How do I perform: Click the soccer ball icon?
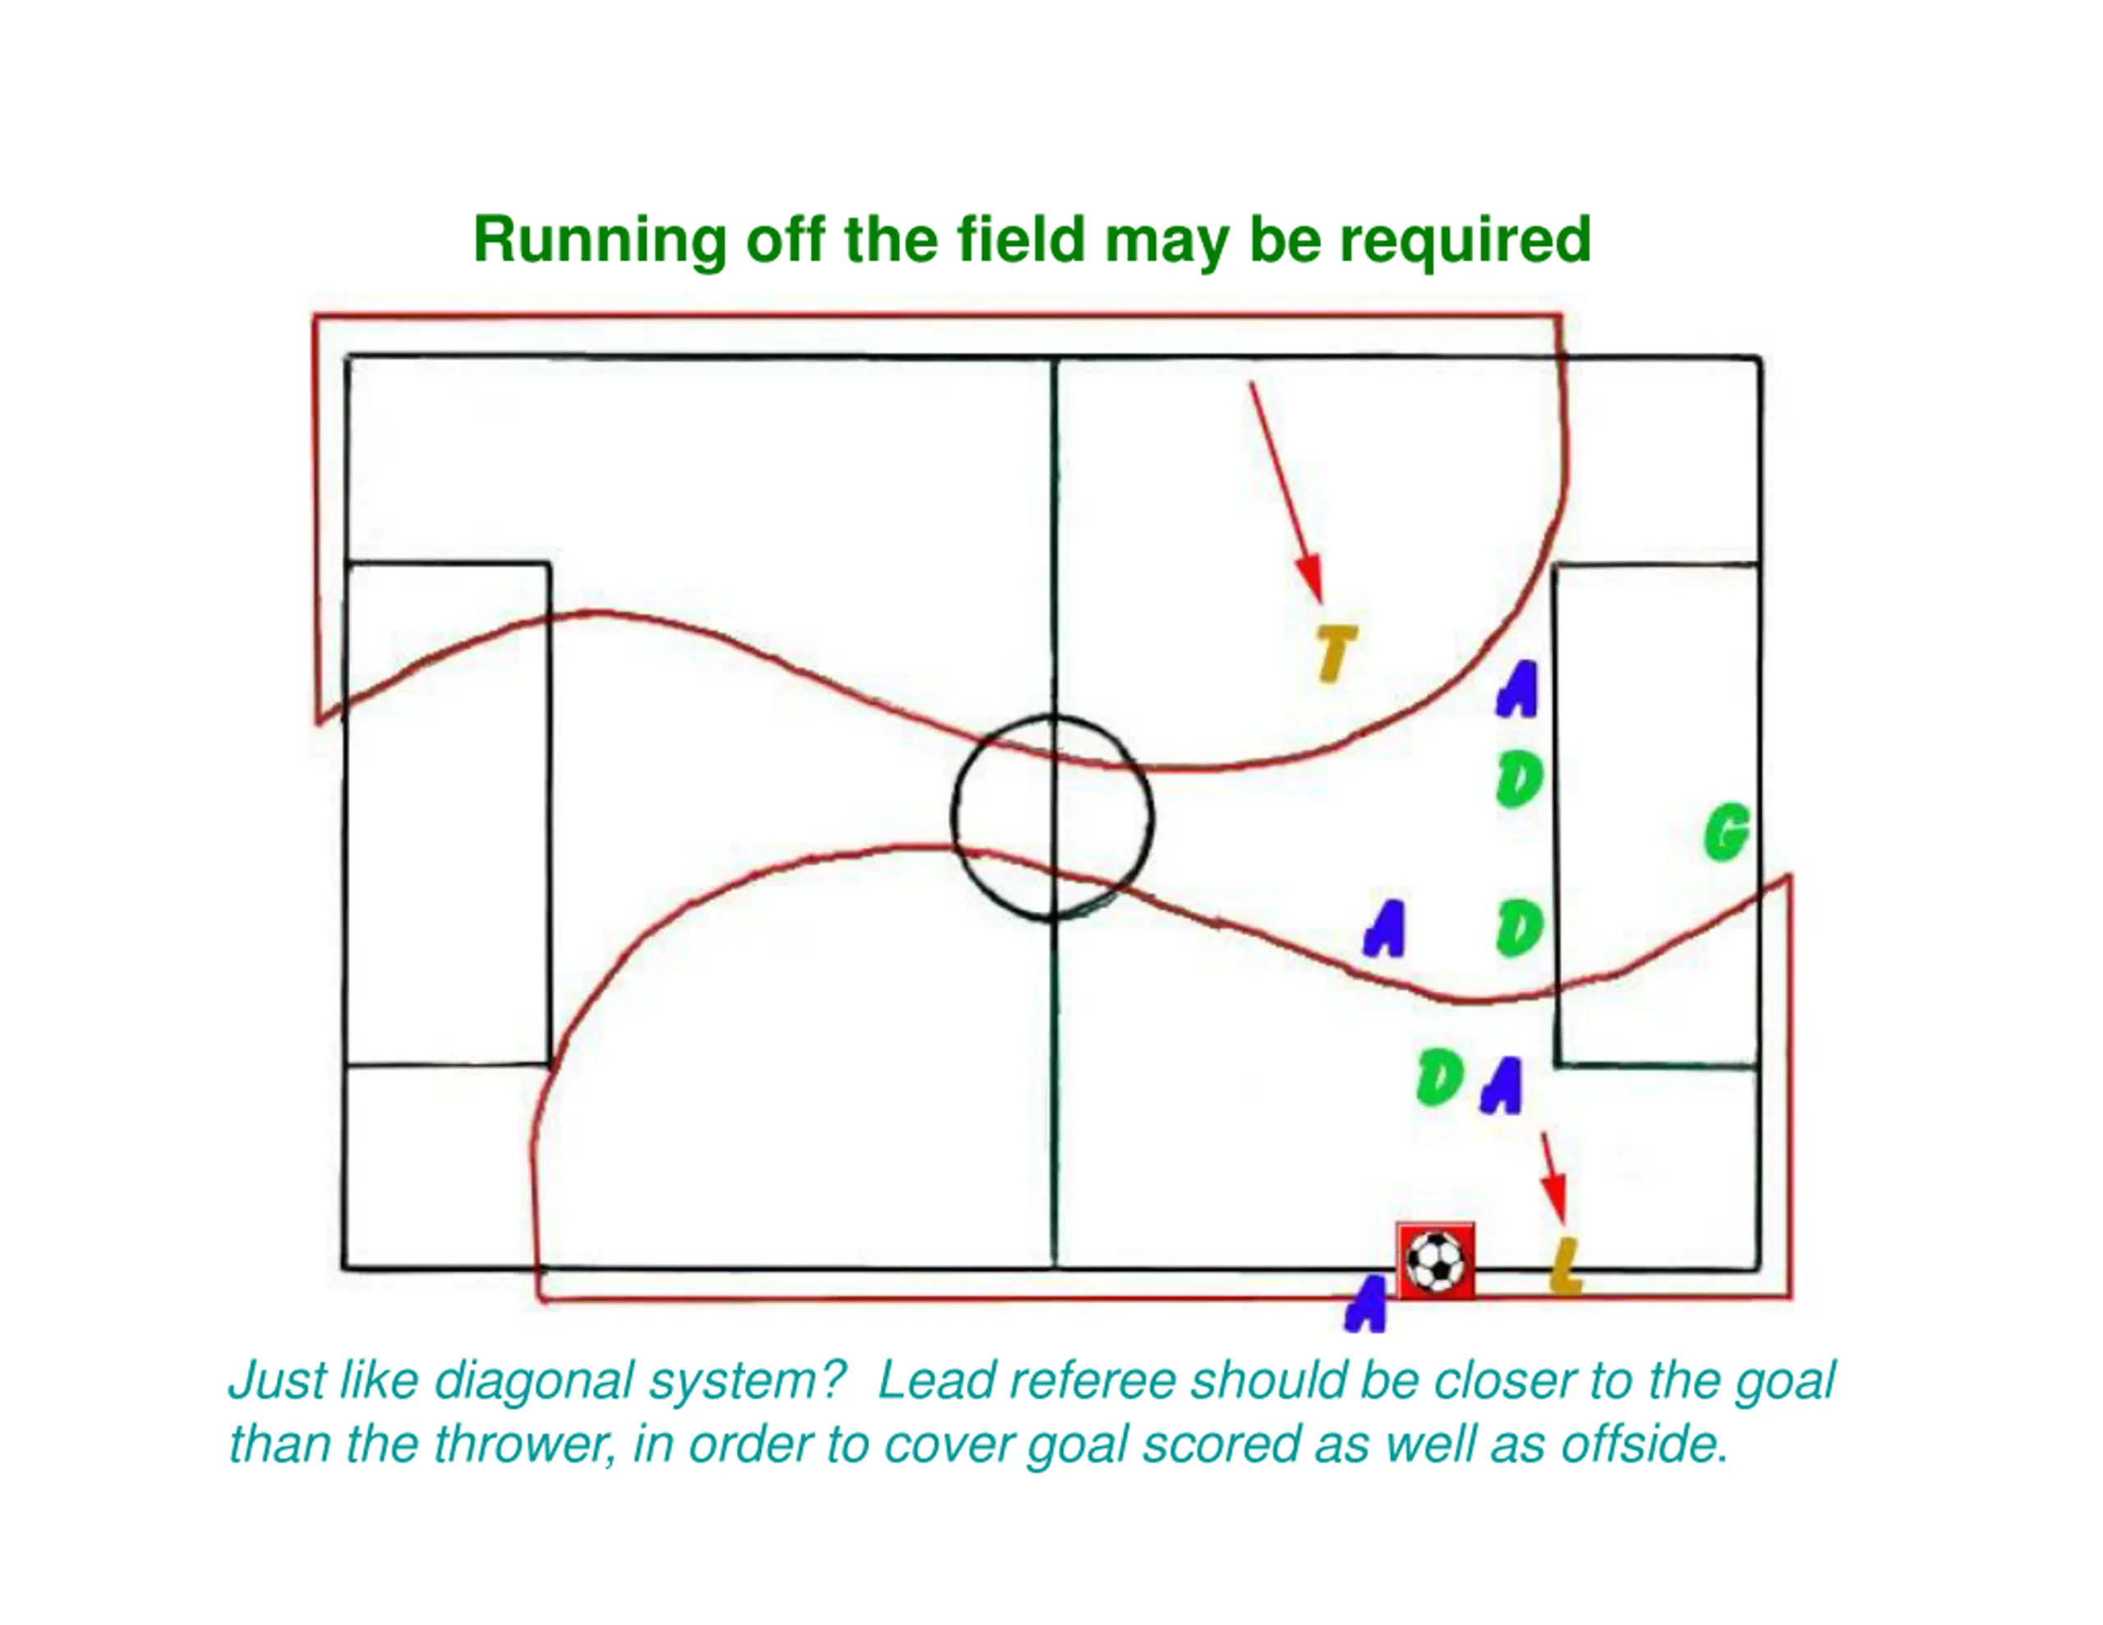coord(1436,1261)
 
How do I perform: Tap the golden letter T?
coord(1336,653)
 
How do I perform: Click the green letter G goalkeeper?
coord(1728,831)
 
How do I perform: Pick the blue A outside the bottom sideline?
coord(1365,1305)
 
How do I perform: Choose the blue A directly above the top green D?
coord(1518,688)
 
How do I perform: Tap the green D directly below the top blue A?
coord(1518,780)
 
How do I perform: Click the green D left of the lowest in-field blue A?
coord(1438,1078)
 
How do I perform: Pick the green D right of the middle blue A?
coord(1518,928)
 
